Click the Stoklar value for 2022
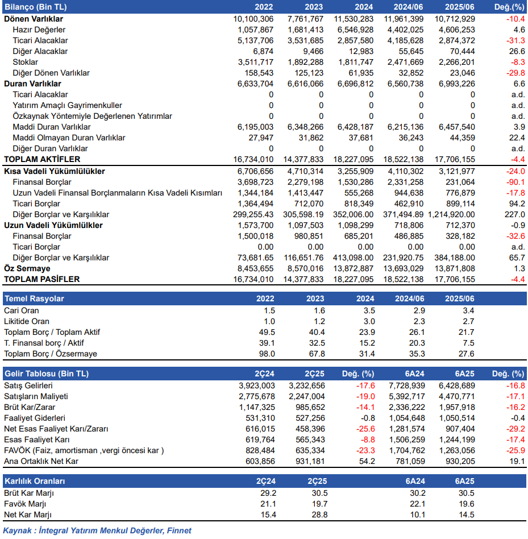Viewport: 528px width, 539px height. (x=256, y=62)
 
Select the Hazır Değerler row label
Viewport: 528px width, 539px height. (x=39, y=30)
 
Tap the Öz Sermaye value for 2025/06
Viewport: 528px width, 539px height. (x=455, y=268)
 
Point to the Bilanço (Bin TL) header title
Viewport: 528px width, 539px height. (x=36, y=7)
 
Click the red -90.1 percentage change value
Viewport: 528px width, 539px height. (x=515, y=182)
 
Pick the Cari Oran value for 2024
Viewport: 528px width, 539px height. (x=369, y=311)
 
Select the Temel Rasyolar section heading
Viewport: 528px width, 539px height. (x=34, y=298)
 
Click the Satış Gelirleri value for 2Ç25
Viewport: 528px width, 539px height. (x=307, y=385)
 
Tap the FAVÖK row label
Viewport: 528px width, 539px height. (x=84, y=451)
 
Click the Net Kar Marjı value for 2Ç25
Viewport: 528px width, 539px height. (x=319, y=515)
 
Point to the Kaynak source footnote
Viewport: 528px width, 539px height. (x=97, y=530)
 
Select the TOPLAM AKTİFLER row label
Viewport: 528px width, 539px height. (x=42, y=160)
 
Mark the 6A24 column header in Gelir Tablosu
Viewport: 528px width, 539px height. (x=415, y=374)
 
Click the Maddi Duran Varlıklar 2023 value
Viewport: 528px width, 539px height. (x=305, y=127)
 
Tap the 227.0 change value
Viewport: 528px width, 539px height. (x=514, y=214)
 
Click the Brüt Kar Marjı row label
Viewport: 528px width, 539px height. (x=29, y=494)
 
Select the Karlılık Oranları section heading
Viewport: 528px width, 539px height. (x=35, y=481)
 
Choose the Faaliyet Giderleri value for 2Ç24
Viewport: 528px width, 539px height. (x=260, y=418)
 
